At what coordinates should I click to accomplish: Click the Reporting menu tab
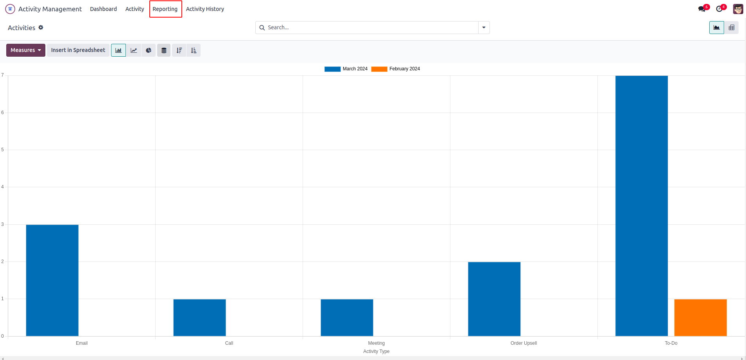click(x=165, y=9)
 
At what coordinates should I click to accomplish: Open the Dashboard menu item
click(x=103, y=9)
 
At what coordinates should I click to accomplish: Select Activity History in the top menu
click(x=205, y=9)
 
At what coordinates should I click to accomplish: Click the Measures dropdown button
click(x=26, y=50)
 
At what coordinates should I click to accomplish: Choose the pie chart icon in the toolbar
click(x=149, y=50)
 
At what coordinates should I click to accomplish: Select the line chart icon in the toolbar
click(x=134, y=50)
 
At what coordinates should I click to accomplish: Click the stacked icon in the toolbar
click(x=164, y=50)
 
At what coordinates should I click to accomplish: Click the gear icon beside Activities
click(x=41, y=27)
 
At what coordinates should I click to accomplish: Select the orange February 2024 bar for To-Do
click(x=700, y=317)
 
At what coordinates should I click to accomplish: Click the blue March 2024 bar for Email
click(x=52, y=280)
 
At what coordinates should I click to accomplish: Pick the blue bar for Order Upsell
click(x=494, y=299)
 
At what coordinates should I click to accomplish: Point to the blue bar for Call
click(x=199, y=317)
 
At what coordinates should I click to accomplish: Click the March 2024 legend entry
click(x=346, y=69)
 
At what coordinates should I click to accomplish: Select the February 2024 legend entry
click(x=396, y=69)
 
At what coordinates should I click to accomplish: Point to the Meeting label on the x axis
click(x=376, y=343)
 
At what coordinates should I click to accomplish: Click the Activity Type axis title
click(x=376, y=351)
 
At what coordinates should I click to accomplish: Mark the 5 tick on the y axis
click(x=2, y=150)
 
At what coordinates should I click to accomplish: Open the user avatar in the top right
click(x=738, y=9)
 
